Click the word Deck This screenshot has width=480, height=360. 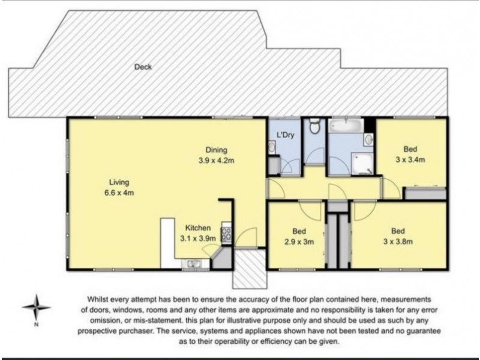(143, 67)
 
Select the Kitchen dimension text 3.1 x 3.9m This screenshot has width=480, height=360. (197, 238)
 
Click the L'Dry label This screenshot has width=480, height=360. (284, 134)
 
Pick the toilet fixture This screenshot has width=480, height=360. (313, 127)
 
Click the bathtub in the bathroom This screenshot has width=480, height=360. (346, 127)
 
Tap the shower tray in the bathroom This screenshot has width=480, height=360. (362, 161)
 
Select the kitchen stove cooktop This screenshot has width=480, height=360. (227, 233)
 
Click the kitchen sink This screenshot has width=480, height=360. (194, 262)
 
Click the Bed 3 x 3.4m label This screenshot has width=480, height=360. (410, 154)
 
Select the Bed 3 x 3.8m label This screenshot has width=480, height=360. (397, 236)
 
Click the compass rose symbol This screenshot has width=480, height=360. (37, 308)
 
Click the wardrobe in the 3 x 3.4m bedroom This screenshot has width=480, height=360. (425, 193)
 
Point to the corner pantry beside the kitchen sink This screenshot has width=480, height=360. (220, 259)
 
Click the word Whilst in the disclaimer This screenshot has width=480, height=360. (100, 298)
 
